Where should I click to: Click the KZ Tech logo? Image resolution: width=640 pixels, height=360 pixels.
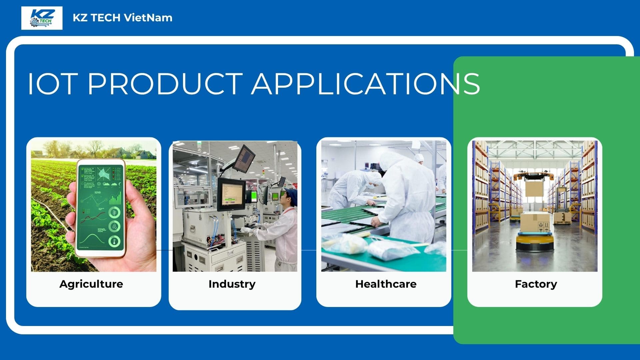pos(42,18)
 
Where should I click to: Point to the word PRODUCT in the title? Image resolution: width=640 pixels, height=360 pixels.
pos(165,83)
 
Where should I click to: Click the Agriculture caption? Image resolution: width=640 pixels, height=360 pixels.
pos(91,284)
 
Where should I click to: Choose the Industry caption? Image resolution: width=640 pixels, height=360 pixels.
pos(232,284)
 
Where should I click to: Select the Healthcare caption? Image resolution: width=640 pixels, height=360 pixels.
pos(386,284)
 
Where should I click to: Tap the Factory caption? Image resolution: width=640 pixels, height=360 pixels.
pos(536,284)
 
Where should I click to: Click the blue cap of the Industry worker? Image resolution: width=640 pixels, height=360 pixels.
pos(291,194)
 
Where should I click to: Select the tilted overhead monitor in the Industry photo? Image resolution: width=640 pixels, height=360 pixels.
pos(244,158)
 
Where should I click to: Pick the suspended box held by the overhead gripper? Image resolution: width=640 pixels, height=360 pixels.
pos(534,188)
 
